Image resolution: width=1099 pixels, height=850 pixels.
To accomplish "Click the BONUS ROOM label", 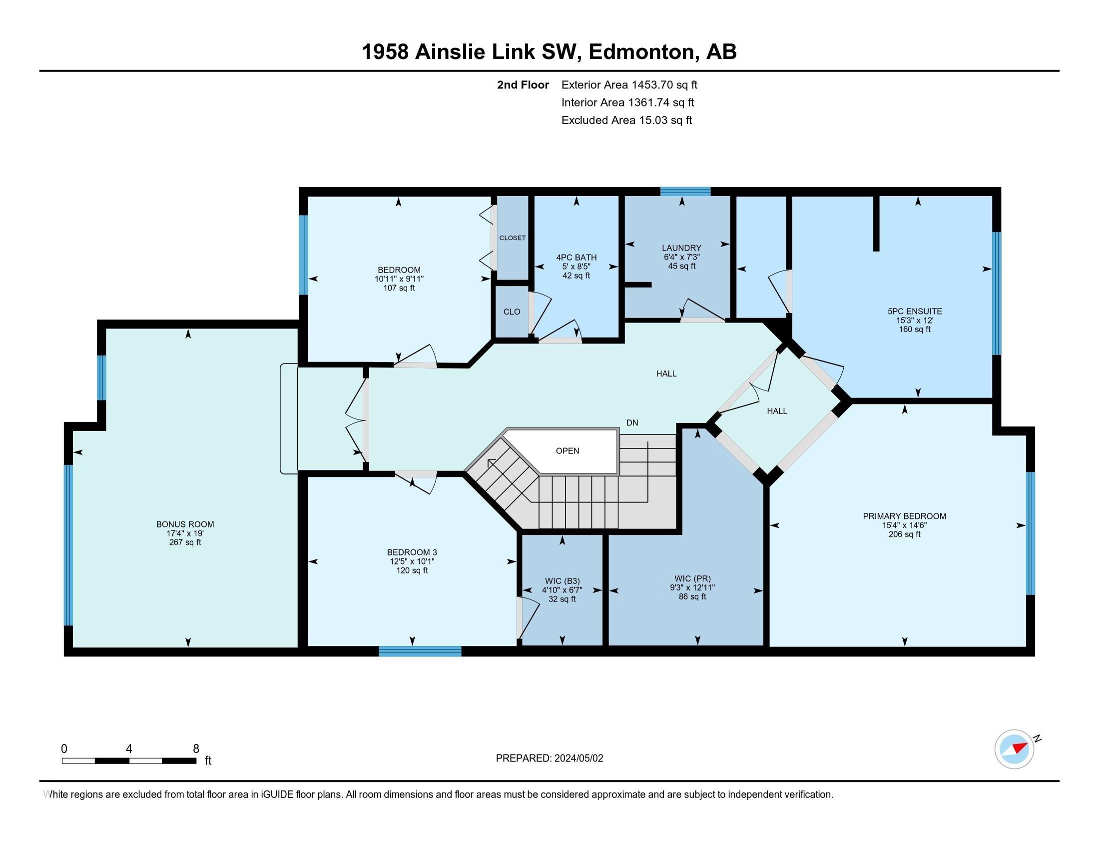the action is pos(185,524).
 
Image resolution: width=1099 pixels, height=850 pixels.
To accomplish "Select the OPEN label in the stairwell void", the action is pos(567,450).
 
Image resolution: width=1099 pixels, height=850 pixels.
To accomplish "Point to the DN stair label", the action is pos(632,422).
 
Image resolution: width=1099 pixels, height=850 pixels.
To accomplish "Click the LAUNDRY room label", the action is pos(681,247).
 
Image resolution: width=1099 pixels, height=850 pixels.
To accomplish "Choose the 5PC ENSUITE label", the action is pos(914,311).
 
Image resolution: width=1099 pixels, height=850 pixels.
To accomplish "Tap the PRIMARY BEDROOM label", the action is pos(904,516).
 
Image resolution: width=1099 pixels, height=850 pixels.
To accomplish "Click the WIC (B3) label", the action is pos(562,581).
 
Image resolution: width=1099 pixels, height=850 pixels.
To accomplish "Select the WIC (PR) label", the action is pos(692,578).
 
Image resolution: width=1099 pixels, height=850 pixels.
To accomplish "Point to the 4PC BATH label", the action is pos(576,257).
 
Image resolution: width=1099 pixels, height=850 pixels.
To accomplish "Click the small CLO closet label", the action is pos(512,311).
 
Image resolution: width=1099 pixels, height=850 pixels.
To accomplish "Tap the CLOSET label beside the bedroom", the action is pos(512,237).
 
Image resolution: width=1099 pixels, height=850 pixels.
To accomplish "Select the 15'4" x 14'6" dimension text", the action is pos(904,525).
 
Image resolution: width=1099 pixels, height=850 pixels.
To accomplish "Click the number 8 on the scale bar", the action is pos(196,748).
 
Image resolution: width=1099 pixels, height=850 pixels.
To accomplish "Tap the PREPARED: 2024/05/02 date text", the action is pos(549,758).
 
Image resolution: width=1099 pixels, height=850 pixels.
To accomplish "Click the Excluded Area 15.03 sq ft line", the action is pos(626,120).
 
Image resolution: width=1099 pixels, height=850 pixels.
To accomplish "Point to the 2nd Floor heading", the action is pos(523,84).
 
